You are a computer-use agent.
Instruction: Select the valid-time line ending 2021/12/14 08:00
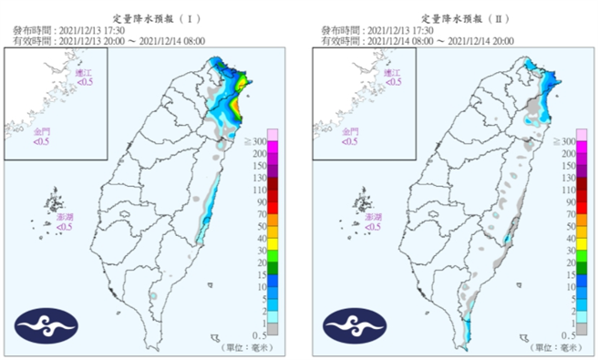pyautogui.click(x=109, y=40)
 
